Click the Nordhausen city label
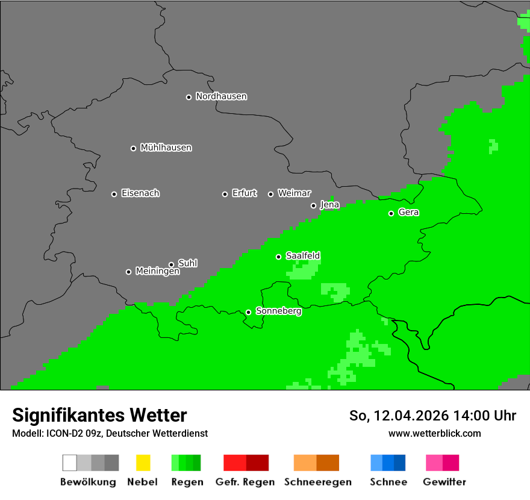point(221,96)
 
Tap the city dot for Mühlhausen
point(133,148)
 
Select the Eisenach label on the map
point(140,193)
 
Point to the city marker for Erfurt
point(225,194)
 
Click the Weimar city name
point(294,193)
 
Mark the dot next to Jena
point(313,205)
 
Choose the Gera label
point(408,213)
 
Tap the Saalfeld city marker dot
point(278,257)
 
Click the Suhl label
point(187,263)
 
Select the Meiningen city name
point(157,272)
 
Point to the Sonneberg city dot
point(248,312)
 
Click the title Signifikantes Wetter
point(99,415)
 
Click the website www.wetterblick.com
point(434,434)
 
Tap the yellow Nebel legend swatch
point(143,463)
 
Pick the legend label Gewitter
point(444,482)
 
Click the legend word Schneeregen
point(317,482)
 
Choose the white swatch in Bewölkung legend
point(69,463)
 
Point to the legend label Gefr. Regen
point(245,482)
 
